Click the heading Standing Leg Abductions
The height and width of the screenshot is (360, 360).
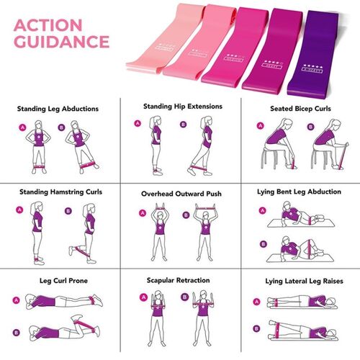pos(58,109)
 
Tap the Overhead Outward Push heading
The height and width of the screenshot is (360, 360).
pos(181,194)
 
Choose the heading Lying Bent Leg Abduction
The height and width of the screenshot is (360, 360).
pos(300,192)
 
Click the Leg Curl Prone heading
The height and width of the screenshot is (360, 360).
pos(60,279)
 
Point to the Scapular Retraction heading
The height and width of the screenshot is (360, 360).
pos(181,279)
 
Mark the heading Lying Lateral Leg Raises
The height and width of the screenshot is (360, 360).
pos(300,279)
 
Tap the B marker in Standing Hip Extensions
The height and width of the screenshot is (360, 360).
pos(184,124)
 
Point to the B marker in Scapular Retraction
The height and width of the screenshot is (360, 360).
pos(184,296)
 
